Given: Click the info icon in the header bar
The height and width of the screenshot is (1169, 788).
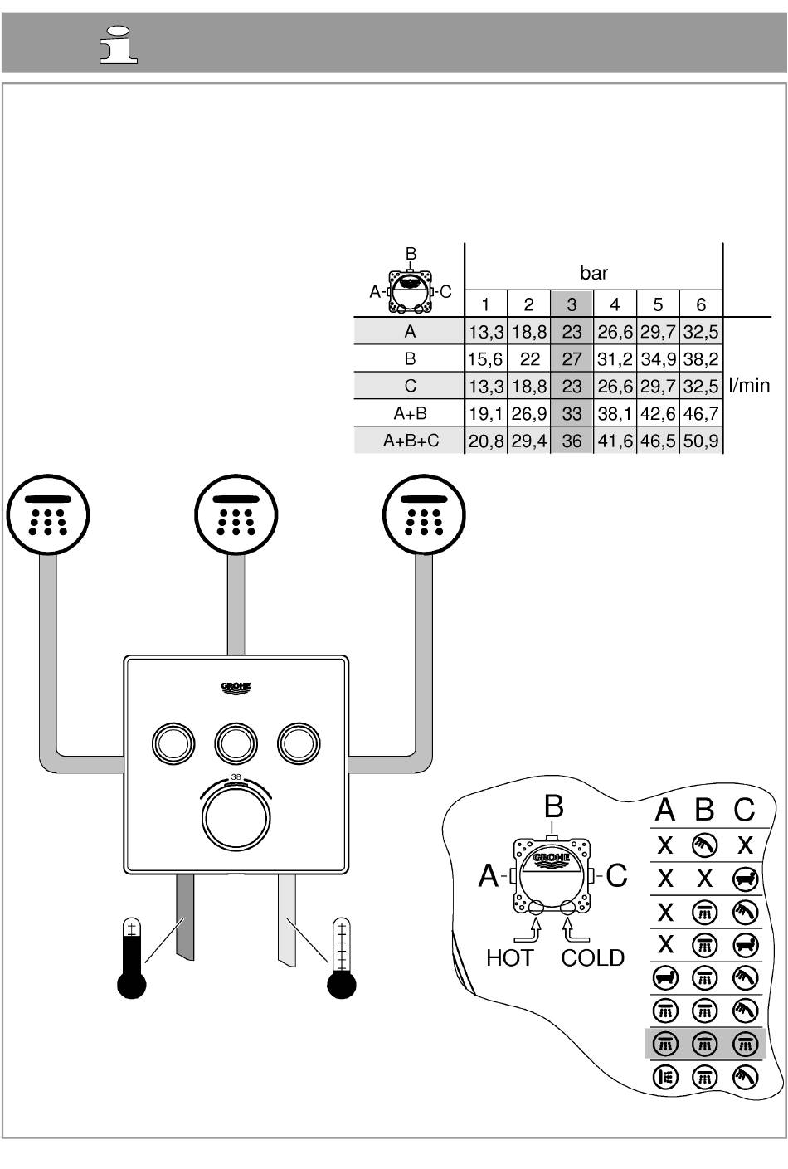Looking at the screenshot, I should (119, 45).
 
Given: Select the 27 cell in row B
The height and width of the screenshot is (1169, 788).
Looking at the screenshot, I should (572, 359).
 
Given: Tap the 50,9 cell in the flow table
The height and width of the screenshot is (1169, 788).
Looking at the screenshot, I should (701, 441).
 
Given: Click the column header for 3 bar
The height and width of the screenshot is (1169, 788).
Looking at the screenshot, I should (572, 304).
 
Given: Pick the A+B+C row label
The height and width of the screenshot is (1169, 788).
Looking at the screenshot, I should (410, 441).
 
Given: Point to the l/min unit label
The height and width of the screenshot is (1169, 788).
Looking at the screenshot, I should (749, 386).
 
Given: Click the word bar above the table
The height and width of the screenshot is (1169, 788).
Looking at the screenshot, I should (593, 272).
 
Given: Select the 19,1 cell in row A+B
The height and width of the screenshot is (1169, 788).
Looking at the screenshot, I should (486, 413).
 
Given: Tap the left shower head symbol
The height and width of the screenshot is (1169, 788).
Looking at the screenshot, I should (48, 515).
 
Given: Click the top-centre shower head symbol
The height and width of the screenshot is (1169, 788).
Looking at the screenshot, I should (235, 515).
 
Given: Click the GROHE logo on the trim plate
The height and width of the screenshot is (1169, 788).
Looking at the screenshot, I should (235, 688).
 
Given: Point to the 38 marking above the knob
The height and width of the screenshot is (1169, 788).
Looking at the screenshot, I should (236, 777).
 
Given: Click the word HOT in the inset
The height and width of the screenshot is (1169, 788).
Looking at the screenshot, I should (509, 958).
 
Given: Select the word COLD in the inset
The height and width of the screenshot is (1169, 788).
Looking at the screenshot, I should (592, 958).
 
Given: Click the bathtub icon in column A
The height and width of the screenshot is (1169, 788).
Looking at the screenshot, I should (665, 978).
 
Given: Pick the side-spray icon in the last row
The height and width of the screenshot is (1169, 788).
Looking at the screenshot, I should (665, 1078).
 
